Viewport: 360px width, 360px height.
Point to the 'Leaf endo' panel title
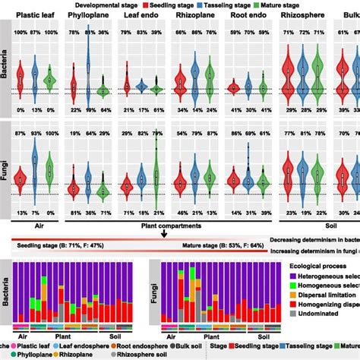pyautogui.click(x=142, y=17)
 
